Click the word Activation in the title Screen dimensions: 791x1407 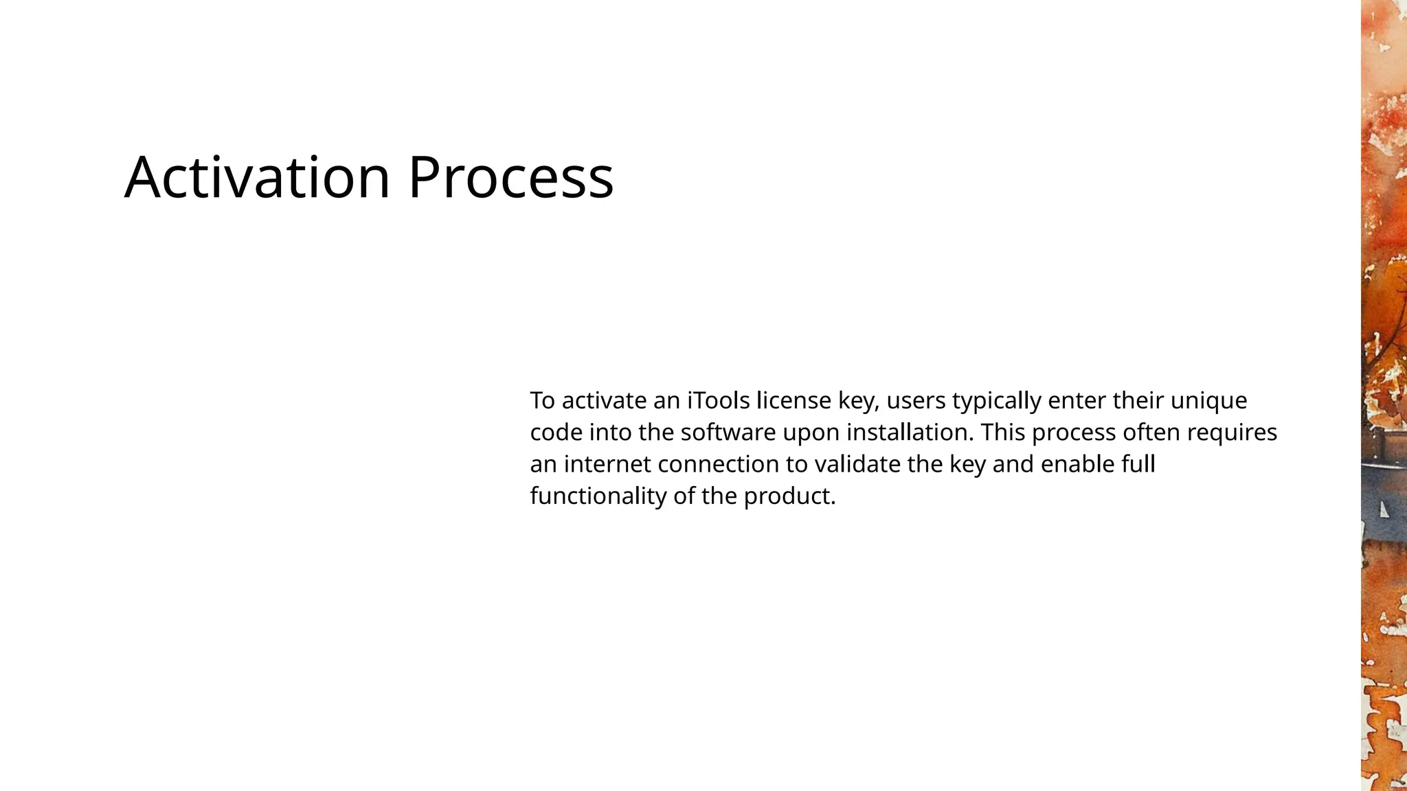(x=258, y=178)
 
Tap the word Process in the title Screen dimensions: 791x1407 (x=510, y=178)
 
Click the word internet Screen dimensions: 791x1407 (x=607, y=464)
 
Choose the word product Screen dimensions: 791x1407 (x=789, y=496)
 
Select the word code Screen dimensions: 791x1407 (x=556, y=433)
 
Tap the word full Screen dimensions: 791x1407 (x=1138, y=464)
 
